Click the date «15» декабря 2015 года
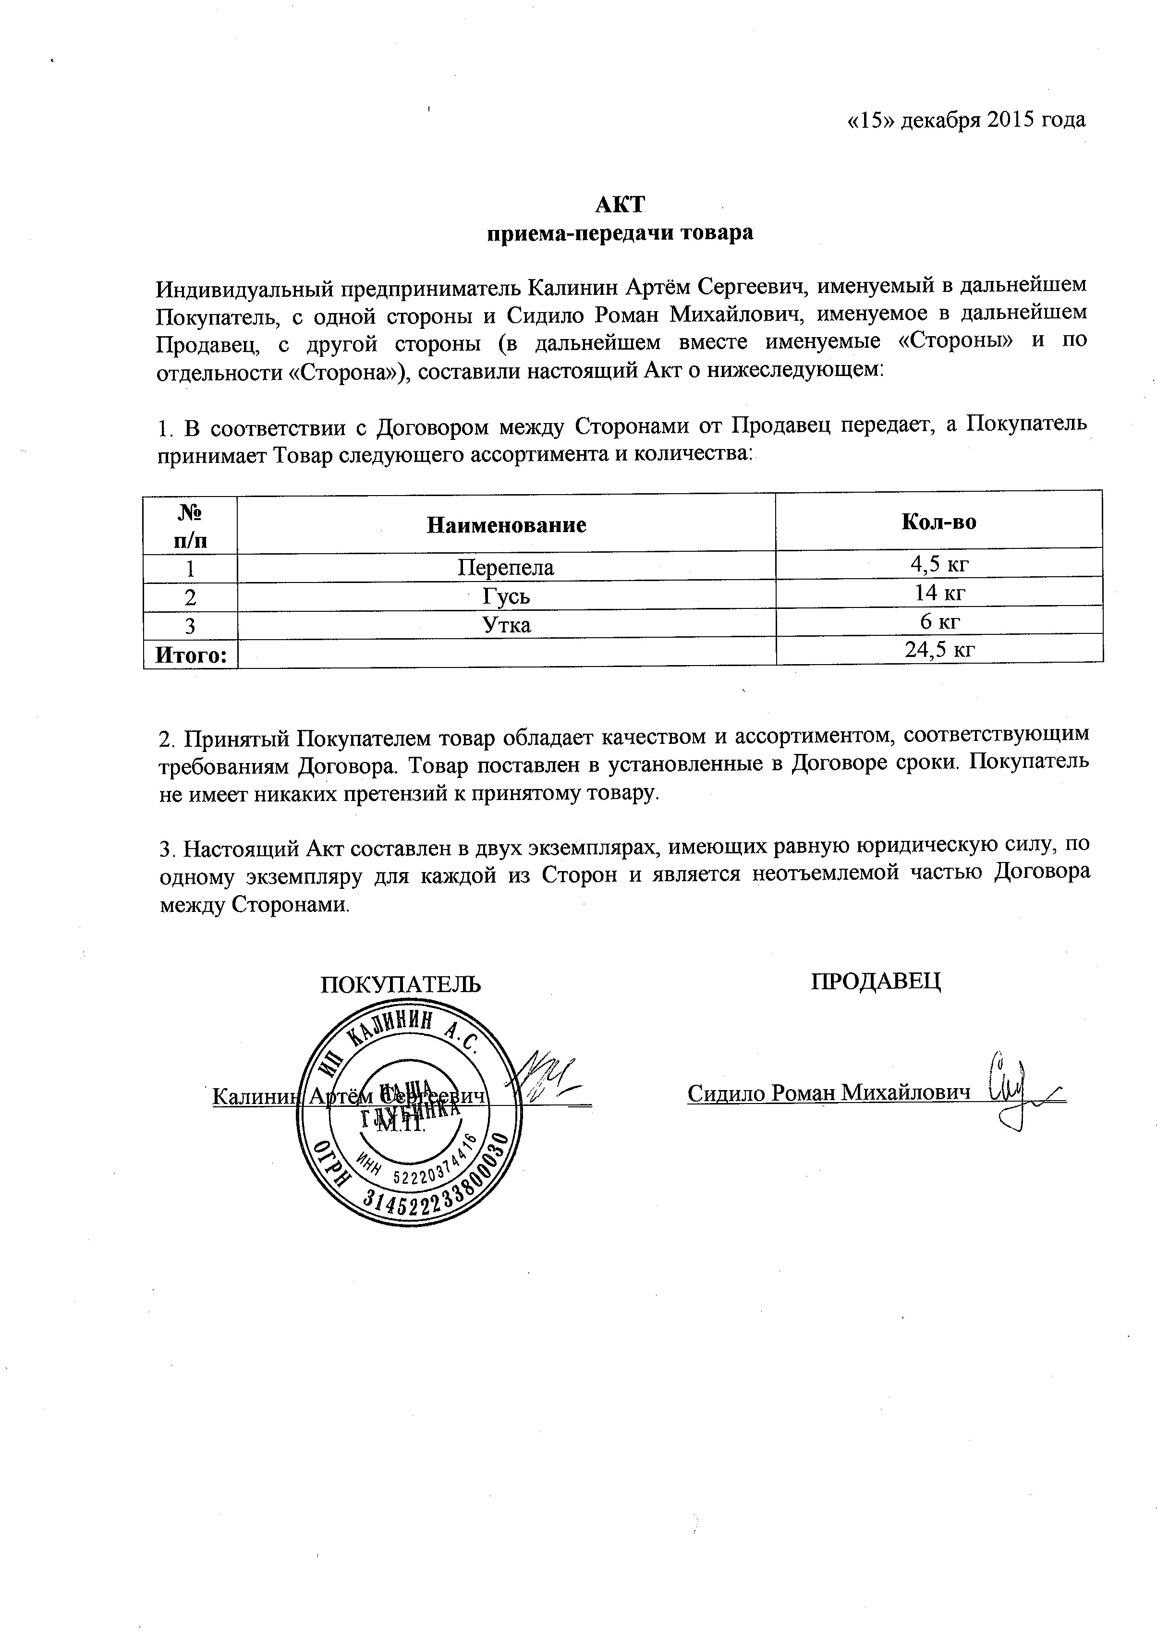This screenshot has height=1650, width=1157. pos(966,120)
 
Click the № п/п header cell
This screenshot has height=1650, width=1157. pos(191,526)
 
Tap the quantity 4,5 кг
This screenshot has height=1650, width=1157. pos(940,563)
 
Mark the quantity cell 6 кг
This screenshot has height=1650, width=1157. pos(940,621)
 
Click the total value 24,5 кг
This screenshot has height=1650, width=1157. pos(940,650)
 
